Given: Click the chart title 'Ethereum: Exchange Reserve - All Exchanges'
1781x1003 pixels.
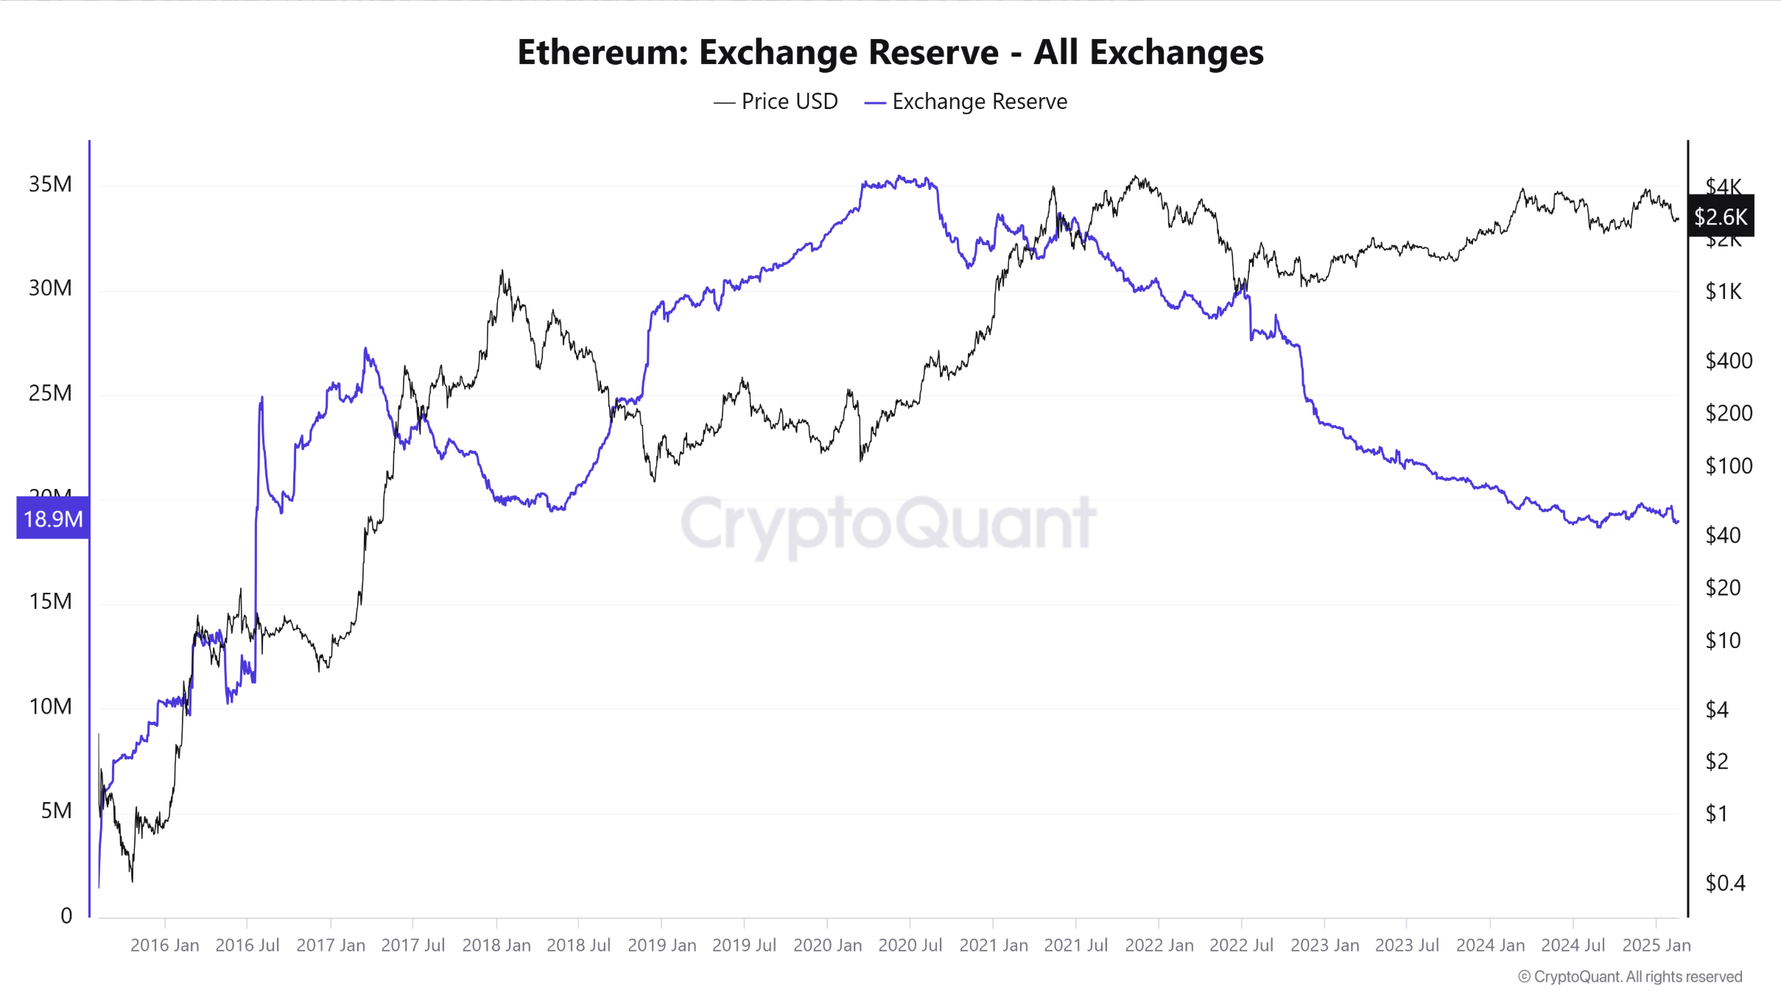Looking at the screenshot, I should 890,52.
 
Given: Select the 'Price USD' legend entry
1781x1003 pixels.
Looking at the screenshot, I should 776,102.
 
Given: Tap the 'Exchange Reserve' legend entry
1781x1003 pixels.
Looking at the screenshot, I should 966,102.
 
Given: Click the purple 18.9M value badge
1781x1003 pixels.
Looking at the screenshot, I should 53,518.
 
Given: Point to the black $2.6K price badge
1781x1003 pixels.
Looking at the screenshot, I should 1720,217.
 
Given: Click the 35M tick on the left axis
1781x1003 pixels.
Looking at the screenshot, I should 50,184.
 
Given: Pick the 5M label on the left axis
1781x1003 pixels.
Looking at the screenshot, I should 56,811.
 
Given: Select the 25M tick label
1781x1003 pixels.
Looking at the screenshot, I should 50,393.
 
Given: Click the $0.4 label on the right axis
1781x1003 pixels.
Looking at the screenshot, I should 1725,883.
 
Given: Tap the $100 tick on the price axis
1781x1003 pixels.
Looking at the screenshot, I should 1729,466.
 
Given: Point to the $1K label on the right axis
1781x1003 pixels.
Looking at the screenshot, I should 1724,292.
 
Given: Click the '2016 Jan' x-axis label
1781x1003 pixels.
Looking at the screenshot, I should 164,946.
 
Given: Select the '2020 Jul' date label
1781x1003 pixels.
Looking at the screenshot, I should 910,946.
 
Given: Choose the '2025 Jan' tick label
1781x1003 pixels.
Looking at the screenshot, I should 1656,946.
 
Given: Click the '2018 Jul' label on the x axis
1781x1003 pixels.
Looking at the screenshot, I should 578,946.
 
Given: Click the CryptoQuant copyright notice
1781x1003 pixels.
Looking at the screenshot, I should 1629,977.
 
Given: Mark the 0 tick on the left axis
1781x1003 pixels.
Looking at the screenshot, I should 66,916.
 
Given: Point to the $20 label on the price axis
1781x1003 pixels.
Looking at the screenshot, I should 1723,588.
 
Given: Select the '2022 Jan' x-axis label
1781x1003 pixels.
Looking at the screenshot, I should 1159,946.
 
